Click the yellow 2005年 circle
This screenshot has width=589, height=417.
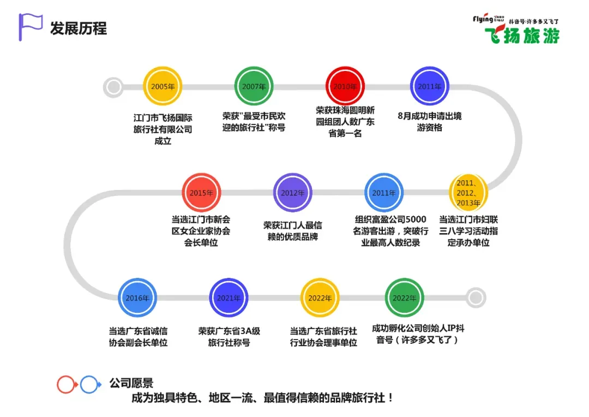(163, 86)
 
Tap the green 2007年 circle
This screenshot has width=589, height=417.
(254, 86)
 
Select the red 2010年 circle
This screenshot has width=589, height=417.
(345, 86)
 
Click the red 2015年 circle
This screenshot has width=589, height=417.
(201, 193)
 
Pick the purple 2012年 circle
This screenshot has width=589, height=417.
(293, 193)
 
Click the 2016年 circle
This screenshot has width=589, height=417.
(137, 298)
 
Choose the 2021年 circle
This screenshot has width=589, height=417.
(229, 298)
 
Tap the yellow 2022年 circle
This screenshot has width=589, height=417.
(320, 298)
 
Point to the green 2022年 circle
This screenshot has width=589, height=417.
(405, 298)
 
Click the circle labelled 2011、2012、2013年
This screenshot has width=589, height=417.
(468, 193)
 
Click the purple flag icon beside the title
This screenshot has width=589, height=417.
(30, 26)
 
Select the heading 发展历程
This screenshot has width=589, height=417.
(79, 28)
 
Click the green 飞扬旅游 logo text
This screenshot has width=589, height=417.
(522, 35)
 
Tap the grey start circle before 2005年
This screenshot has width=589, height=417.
(113, 86)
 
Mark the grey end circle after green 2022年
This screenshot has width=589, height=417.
(476, 298)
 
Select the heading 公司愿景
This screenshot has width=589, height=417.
(131, 384)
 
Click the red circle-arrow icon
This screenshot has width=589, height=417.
(67, 385)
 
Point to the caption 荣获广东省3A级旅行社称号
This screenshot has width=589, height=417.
(229, 337)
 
